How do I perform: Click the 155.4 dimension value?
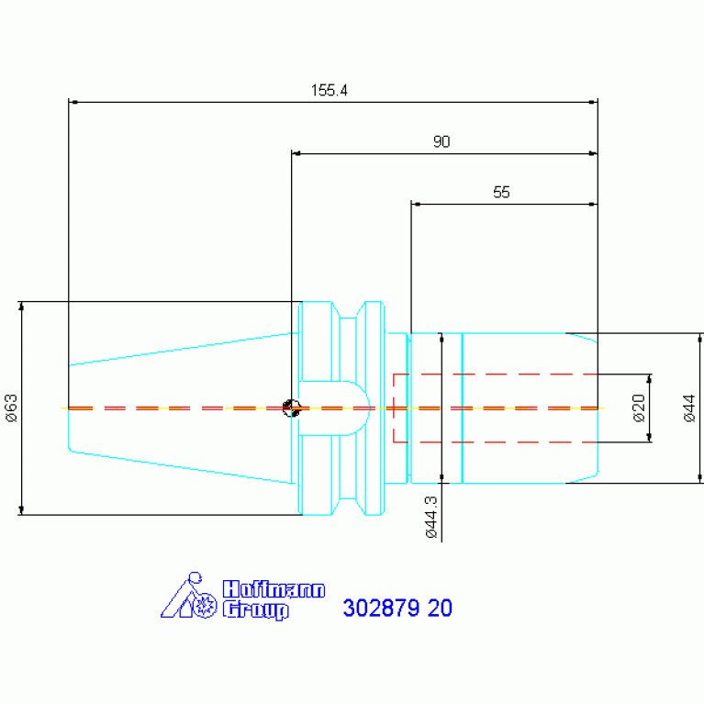[330, 90]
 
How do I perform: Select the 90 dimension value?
[441, 141]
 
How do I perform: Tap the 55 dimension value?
[501, 192]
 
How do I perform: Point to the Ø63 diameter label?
[11, 408]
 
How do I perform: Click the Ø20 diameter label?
[639, 408]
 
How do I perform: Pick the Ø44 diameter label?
[689, 408]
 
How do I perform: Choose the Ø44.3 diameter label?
[431, 517]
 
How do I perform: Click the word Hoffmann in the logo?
[274, 589]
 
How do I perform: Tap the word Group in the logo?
[255, 609]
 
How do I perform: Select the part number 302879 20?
[397, 608]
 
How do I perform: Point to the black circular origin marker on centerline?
[291, 408]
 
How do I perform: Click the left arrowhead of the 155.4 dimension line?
[74, 103]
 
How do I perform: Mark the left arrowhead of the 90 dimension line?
[296, 153]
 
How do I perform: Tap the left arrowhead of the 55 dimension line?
[416, 205]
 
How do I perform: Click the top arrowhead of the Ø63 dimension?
[21, 307]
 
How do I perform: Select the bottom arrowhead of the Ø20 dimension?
[649, 437]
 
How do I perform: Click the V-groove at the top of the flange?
[348, 310]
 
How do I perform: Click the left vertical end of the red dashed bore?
[394, 408]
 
